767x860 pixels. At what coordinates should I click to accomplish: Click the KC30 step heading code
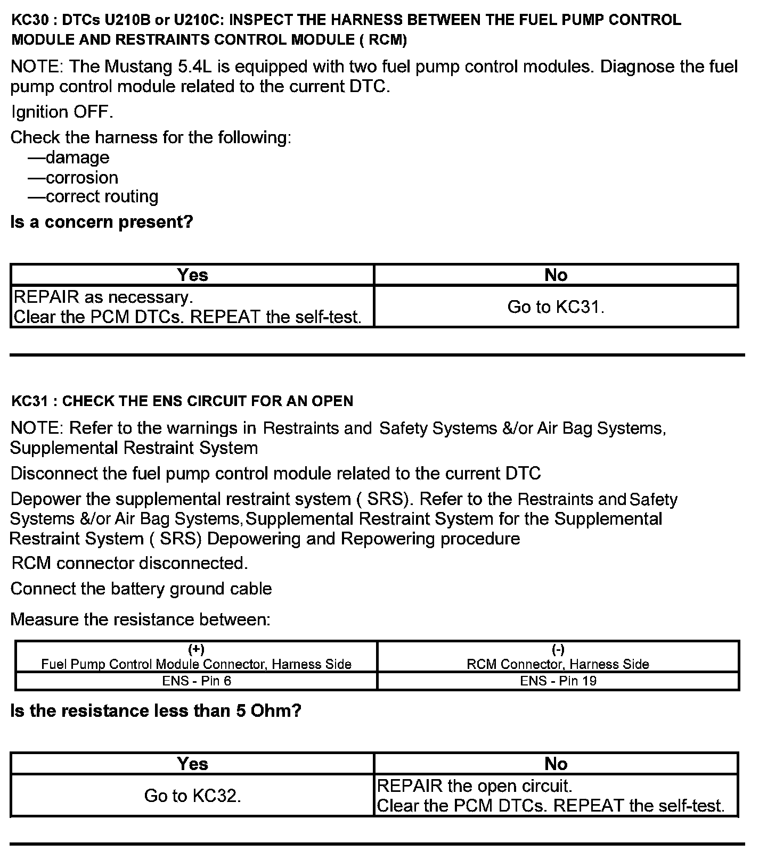(x=30, y=20)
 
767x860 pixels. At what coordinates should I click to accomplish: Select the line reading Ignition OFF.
(x=62, y=112)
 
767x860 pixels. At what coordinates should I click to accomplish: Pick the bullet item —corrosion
(x=73, y=177)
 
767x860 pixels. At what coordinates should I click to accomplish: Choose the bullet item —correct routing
(x=93, y=197)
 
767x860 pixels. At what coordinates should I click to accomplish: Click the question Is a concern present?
(x=101, y=222)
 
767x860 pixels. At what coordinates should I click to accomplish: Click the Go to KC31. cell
(x=556, y=307)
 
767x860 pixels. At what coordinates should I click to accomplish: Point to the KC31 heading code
(x=30, y=401)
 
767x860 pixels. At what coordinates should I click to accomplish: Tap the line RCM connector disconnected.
(x=129, y=563)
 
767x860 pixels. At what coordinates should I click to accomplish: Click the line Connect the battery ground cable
(x=141, y=589)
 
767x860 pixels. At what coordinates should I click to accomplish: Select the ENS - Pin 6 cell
(x=197, y=681)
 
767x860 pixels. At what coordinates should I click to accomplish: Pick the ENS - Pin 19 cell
(x=558, y=681)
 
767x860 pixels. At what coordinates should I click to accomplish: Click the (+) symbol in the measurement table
(x=197, y=649)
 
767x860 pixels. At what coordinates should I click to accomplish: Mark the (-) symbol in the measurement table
(x=558, y=649)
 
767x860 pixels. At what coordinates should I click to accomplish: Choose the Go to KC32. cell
(x=192, y=796)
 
